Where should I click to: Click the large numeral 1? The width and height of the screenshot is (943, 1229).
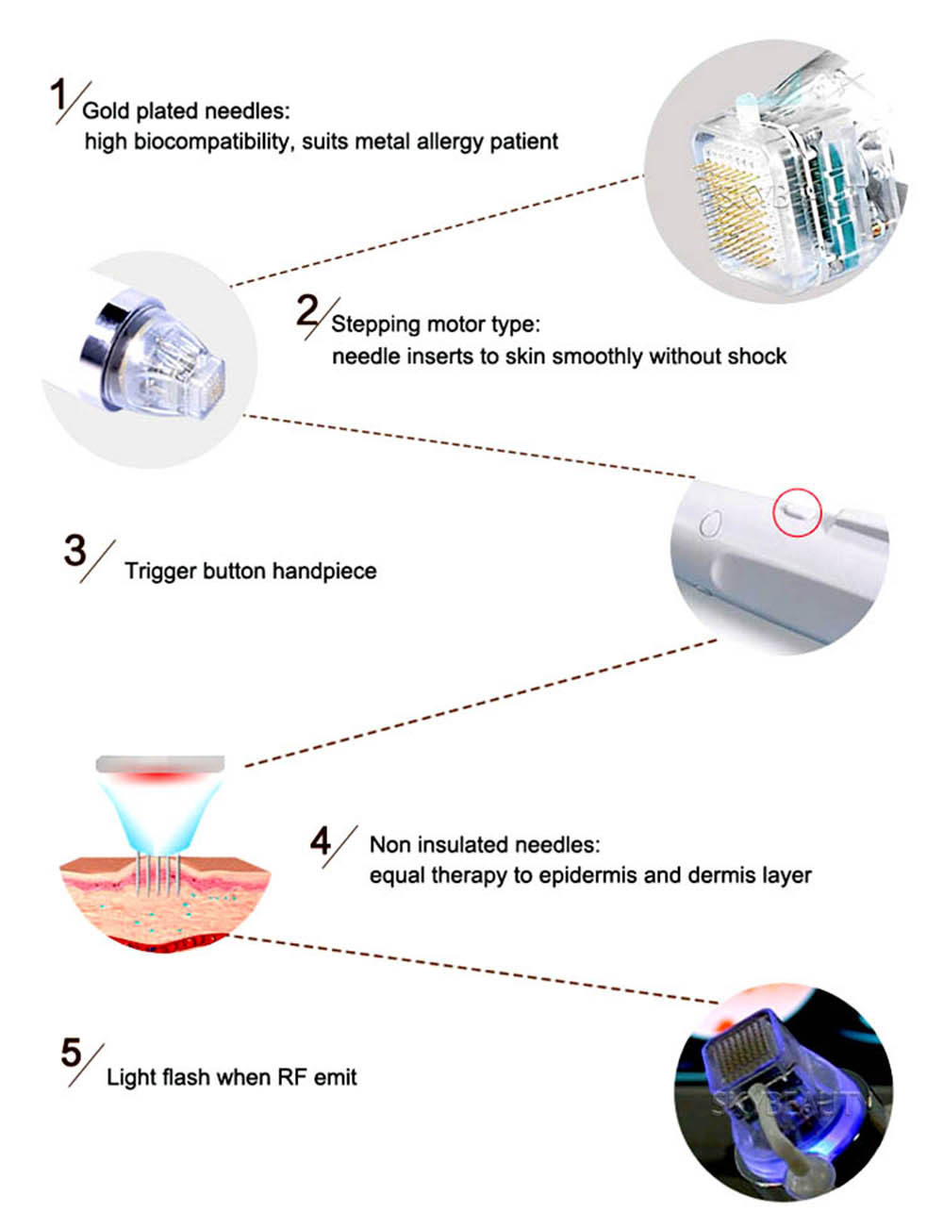[58, 94]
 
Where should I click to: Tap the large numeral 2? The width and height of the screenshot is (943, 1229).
[307, 310]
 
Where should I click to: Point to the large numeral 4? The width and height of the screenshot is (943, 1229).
[320, 841]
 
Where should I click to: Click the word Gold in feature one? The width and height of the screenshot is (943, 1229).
[107, 111]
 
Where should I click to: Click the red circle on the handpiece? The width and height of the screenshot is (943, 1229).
[797, 512]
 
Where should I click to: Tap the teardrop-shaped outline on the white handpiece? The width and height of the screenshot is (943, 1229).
[709, 523]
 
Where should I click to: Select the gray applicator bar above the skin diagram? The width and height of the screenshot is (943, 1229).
[160, 764]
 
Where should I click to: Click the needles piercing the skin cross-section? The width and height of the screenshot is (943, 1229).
[158, 873]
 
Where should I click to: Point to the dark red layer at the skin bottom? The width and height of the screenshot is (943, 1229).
[167, 941]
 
